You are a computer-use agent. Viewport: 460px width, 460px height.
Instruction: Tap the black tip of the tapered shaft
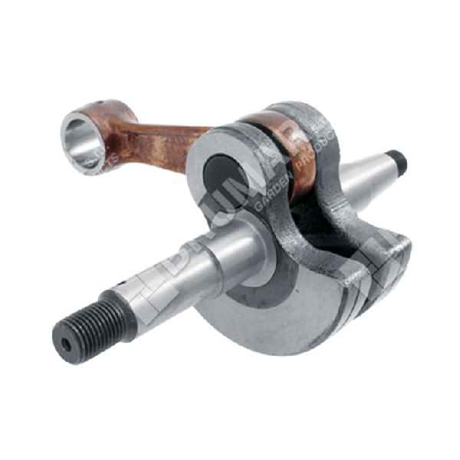coord(397,159)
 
